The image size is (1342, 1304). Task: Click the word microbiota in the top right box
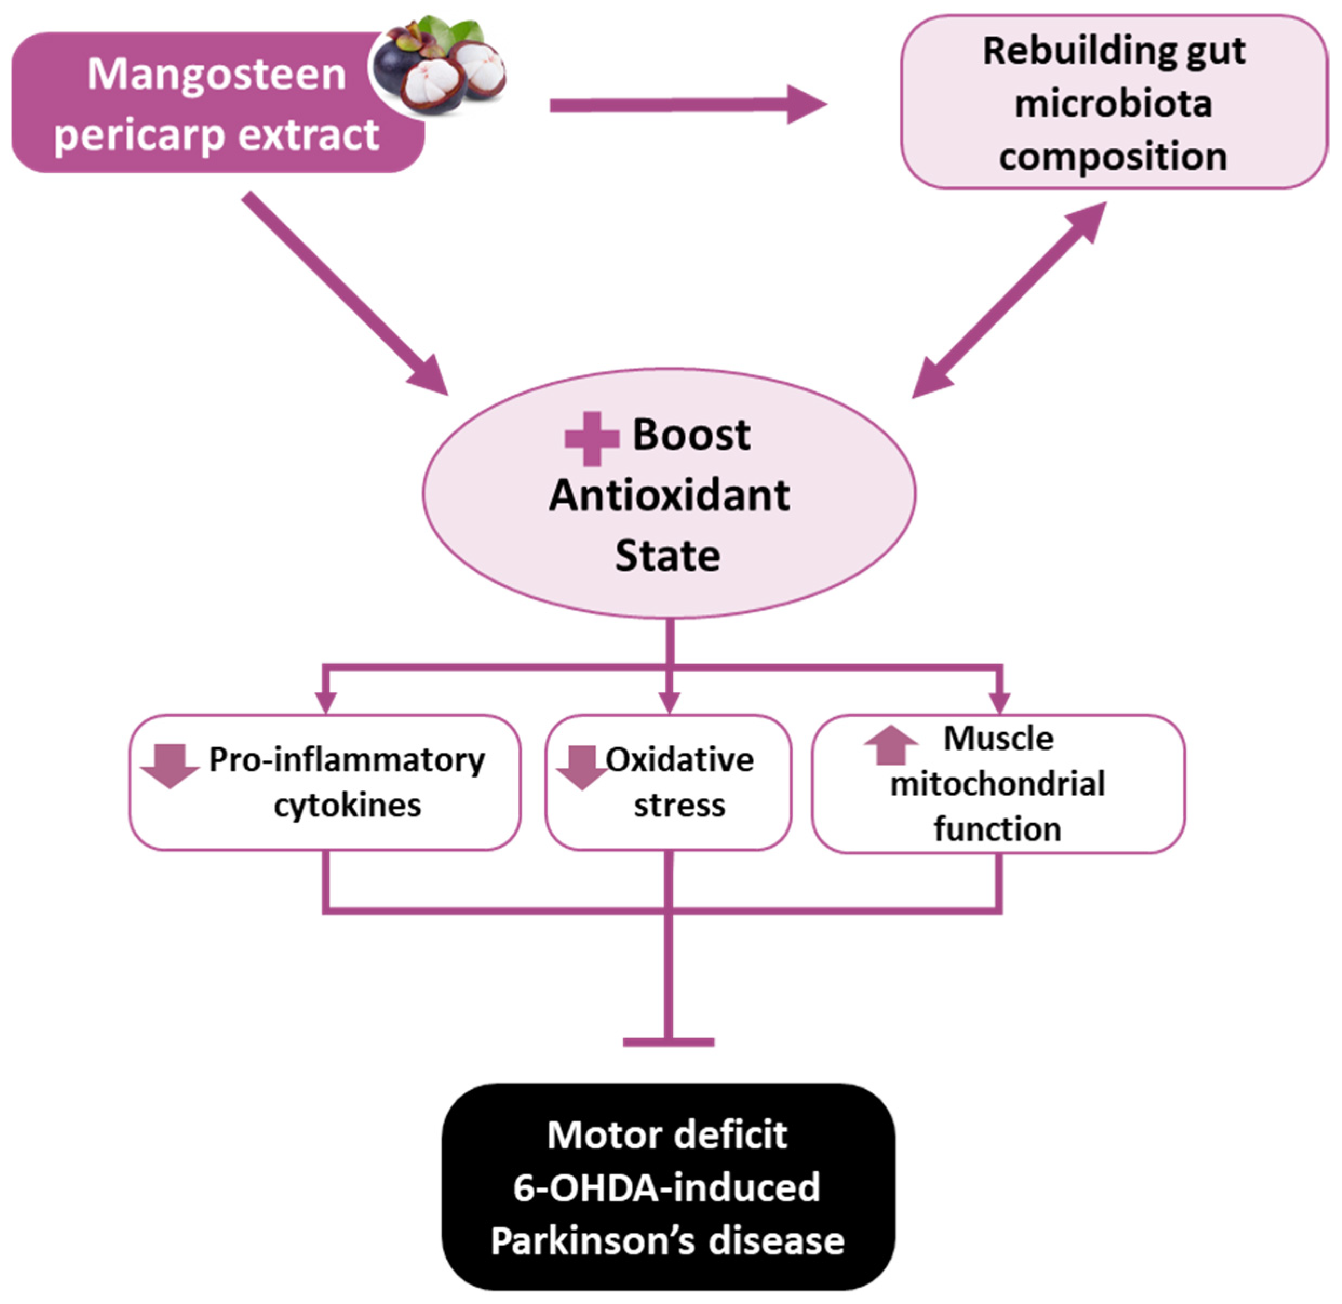point(1113,104)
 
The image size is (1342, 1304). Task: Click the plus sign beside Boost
point(592,438)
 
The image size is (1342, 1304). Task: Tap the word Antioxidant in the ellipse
point(669,495)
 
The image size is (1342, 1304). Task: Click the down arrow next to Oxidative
point(582,767)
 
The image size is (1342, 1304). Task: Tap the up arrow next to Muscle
point(891,745)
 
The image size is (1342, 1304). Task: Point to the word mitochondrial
point(997,784)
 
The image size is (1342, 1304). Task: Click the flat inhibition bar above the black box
point(669,1042)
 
